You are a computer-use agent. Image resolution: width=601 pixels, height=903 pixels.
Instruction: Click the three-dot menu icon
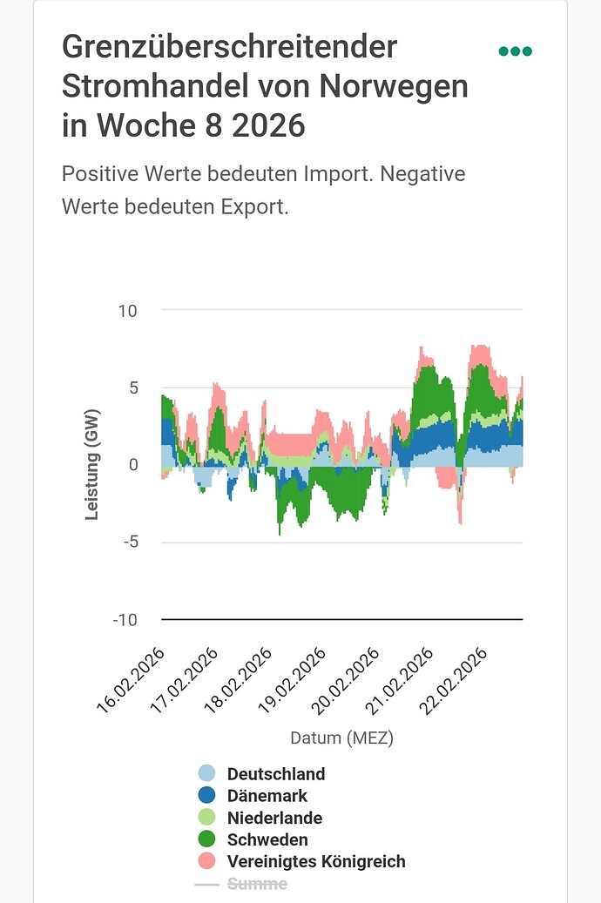pyautogui.click(x=515, y=51)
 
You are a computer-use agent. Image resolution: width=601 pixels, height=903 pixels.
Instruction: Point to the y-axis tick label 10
pyautogui.click(x=127, y=311)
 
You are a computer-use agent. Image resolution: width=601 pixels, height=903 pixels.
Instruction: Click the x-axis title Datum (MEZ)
pyautogui.click(x=341, y=738)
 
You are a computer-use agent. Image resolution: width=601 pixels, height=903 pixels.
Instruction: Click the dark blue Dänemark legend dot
pyautogui.click(x=206, y=795)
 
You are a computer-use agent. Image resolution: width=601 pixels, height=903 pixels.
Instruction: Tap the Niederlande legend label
pyautogui.click(x=274, y=818)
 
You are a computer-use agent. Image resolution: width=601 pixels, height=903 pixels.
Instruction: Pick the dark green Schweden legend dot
pyautogui.click(x=206, y=839)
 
